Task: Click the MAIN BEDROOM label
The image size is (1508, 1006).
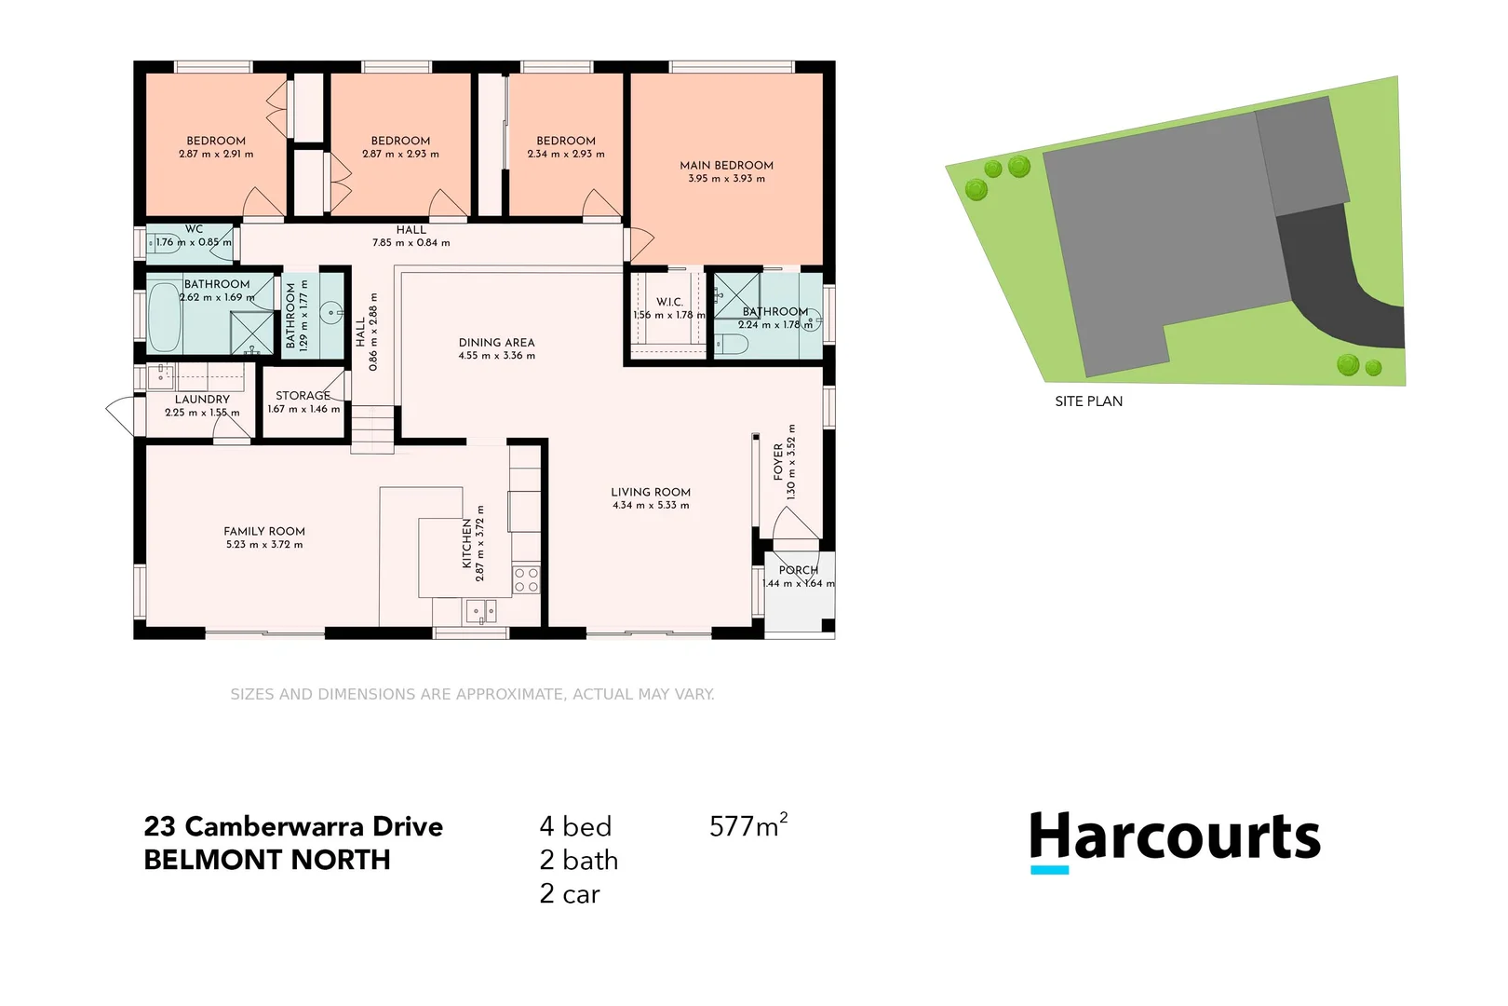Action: point(726,165)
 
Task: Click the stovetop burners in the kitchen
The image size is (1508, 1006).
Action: point(526,579)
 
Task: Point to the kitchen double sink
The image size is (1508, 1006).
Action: point(481,612)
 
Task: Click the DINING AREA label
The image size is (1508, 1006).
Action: point(496,342)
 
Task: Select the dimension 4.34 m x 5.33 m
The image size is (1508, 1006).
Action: point(651,506)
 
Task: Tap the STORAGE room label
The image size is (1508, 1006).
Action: point(303,395)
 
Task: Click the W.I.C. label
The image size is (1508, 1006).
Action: point(669,302)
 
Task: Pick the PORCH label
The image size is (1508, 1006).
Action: point(798,570)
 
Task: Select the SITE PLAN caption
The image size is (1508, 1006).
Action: point(1088,401)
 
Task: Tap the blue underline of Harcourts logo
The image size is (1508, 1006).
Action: point(1049,870)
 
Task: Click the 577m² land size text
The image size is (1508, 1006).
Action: point(747,825)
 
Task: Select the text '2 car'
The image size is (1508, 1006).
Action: point(569,894)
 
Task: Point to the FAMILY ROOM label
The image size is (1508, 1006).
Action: point(263,531)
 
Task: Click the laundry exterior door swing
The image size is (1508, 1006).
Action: point(121,415)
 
